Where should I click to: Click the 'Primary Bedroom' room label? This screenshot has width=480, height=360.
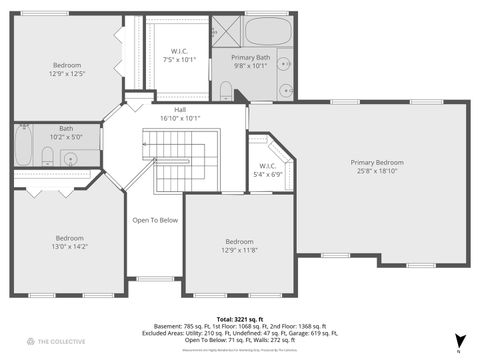[x=377, y=162]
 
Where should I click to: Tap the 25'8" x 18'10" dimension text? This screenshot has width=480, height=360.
[x=377, y=171]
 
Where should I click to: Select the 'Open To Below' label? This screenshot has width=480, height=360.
[x=155, y=220]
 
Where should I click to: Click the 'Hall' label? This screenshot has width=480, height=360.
[x=180, y=110]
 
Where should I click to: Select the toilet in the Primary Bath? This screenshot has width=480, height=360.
[x=227, y=93]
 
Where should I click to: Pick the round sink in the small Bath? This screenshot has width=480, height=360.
[x=71, y=159]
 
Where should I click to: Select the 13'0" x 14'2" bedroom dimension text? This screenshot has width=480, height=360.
[x=69, y=245]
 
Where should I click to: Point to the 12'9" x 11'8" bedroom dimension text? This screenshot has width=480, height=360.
[x=239, y=250]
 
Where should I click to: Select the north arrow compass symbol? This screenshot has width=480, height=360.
[x=459, y=341]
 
